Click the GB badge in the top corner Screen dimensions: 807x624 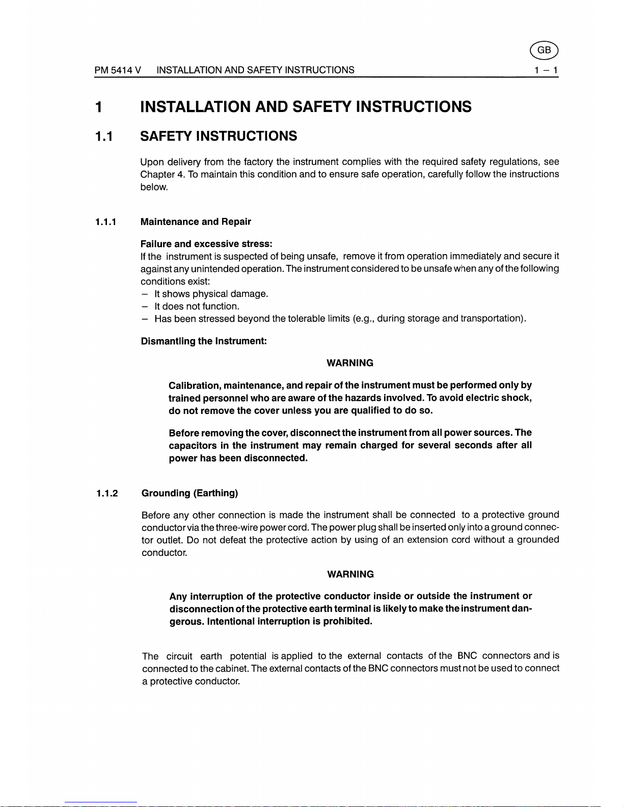pos(544,50)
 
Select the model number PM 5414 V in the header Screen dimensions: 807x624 pos(118,70)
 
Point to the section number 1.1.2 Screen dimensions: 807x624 pos(106,493)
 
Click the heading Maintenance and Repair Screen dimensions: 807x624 pos(196,222)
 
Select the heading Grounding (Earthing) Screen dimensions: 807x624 pos(189,493)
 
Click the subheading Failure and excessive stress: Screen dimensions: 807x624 pos(206,244)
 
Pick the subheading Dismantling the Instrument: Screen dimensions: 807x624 pos(204,341)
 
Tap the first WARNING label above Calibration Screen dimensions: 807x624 pos(350,363)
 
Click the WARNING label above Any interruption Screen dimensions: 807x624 pos(350,574)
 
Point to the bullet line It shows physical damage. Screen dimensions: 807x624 pos(211,294)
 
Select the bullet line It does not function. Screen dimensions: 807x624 pos(197,307)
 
